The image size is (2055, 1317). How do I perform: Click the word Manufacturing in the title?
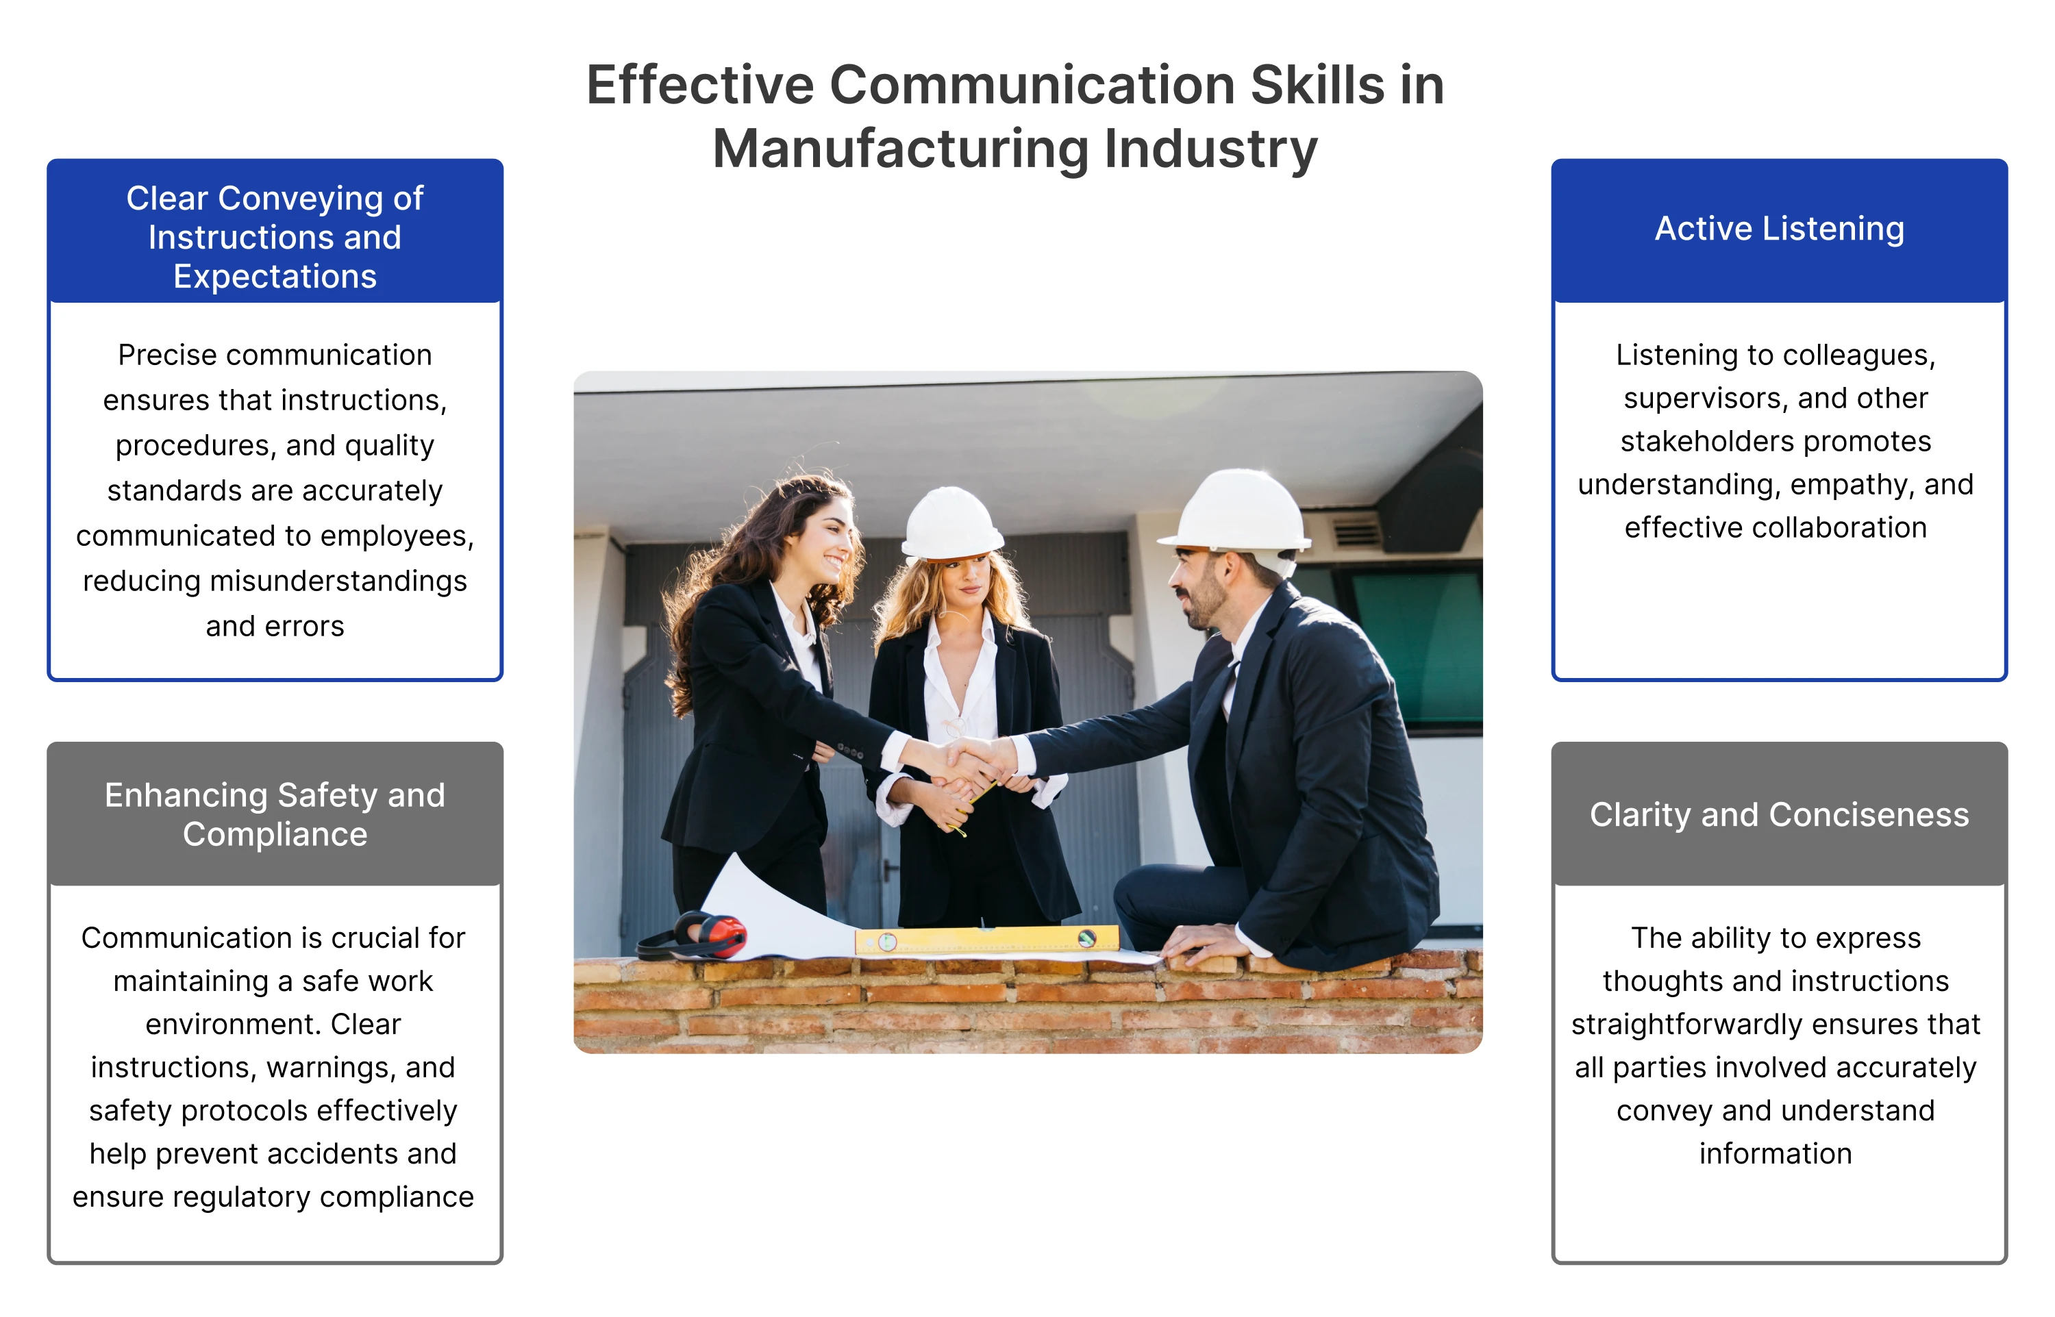tap(899, 149)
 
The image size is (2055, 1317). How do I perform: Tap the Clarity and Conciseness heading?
tap(1779, 814)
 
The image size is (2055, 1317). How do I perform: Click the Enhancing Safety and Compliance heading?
tap(275, 814)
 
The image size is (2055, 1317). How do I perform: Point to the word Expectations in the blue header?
tap(275, 276)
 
